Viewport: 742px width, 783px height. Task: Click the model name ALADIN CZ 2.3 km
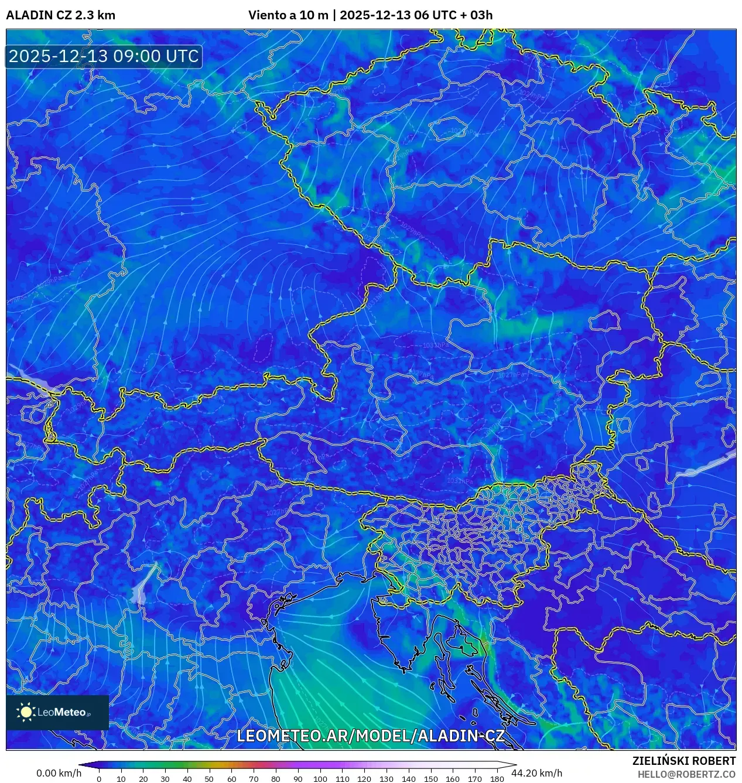(x=60, y=15)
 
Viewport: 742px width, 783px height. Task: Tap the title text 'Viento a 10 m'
(x=288, y=15)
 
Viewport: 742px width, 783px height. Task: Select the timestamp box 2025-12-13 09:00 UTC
(x=104, y=56)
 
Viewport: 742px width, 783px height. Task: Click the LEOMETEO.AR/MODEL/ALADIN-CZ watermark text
(x=370, y=736)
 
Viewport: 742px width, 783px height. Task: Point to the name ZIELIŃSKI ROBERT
(x=683, y=761)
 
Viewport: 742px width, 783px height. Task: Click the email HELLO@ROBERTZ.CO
(x=686, y=774)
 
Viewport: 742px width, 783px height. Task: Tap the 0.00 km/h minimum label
(x=59, y=773)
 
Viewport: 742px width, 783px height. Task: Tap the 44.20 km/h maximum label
(x=536, y=773)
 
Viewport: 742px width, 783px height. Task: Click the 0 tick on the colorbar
(x=99, y=778)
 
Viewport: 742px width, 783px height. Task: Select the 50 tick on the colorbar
(x=209, y=778)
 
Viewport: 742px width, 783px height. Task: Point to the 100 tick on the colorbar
(x=320, y=778)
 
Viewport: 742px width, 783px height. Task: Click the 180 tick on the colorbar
(x=497, y=778)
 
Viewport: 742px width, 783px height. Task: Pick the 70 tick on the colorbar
(x=254, y=778)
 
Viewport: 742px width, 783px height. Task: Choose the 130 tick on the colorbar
(x=386, y=778)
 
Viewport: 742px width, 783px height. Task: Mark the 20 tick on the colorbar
(x=143, y=778)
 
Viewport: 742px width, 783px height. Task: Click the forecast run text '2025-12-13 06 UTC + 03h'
(x=416, y=15)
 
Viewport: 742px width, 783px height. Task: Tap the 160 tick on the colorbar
(x=452, y=778)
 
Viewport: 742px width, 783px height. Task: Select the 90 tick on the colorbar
(x=298, y=778)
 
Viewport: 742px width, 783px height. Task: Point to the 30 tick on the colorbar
(x=165, y=778)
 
